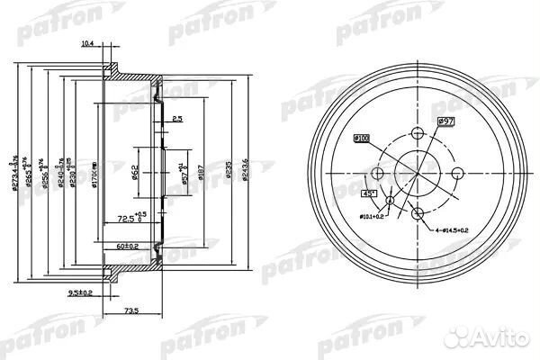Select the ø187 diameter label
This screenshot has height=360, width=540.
coord(201,168)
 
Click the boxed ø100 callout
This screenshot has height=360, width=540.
coord(360,137)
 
